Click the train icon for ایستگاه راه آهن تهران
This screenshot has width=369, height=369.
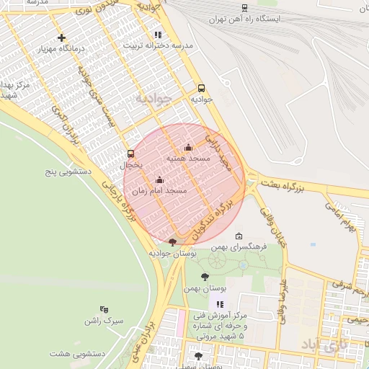click(245, 8)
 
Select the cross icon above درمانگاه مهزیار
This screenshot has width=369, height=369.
click(61, 37)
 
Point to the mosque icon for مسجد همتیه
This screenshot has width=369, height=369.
click(189, 148)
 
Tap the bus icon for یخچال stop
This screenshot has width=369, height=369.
click(130, 154)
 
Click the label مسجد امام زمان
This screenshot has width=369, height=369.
click(159, 191)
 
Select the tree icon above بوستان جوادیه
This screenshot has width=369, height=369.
click(172, 242)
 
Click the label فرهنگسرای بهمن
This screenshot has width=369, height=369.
click(239, 246)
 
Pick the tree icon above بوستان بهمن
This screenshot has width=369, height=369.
click(205, 276)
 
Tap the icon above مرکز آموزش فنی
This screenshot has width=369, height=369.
click(220, 305)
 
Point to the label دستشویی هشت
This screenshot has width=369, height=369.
click(79, 353)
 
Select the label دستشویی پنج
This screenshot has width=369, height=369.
click(66, 172)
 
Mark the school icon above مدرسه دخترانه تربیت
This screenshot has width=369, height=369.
click(157, 35)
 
